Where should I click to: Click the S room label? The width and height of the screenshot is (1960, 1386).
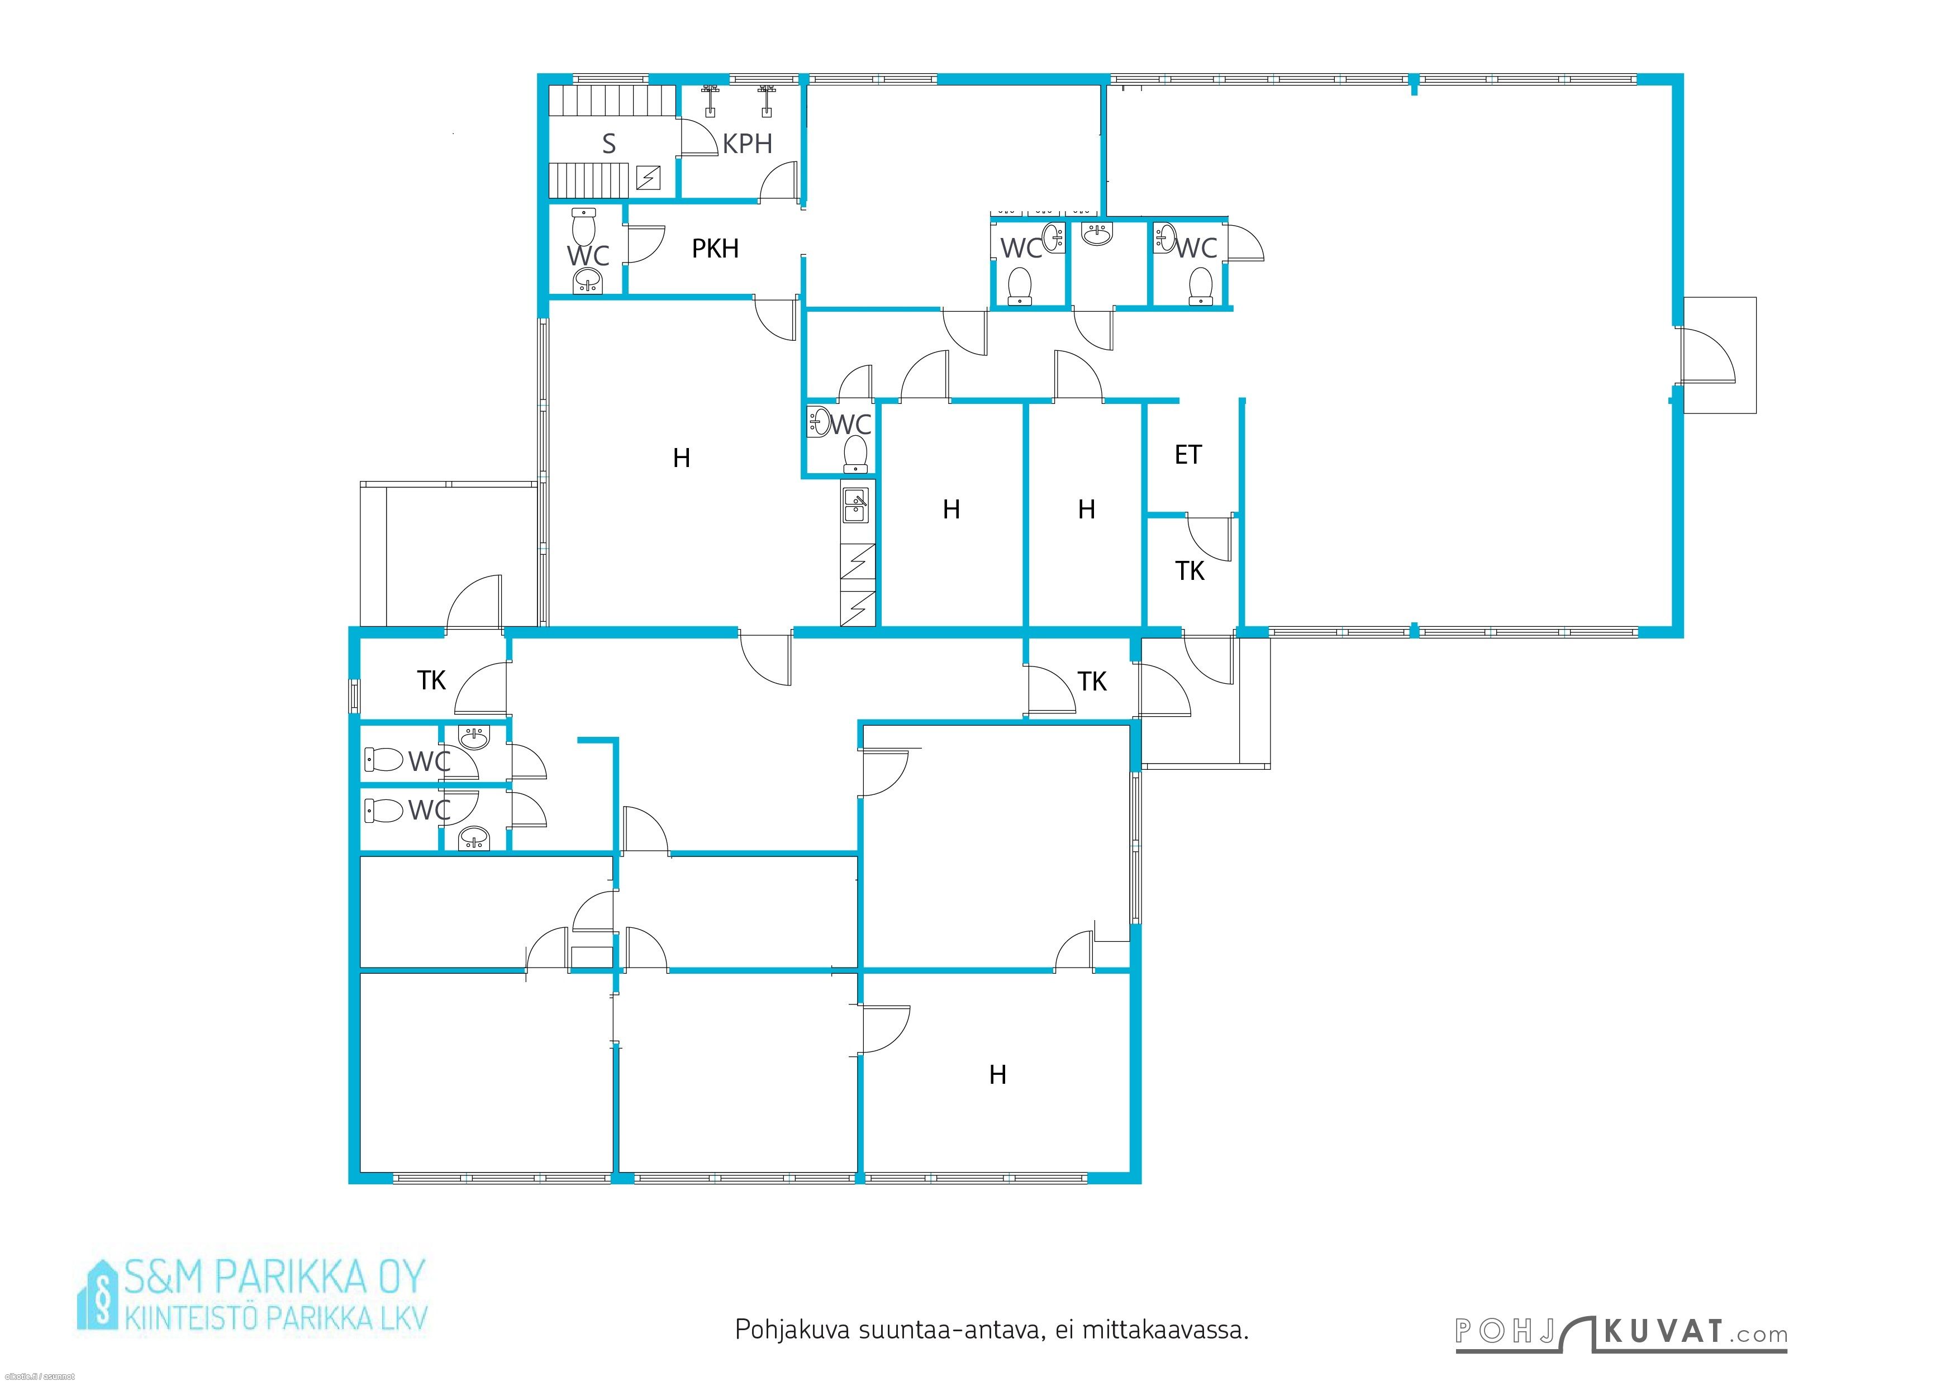(608, 144)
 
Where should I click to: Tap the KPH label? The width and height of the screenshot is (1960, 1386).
(747, 144)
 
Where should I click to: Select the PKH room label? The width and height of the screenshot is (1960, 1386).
(715, 249)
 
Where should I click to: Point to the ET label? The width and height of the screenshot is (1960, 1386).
(1188, 455)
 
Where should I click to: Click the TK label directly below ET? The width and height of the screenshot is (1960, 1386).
(1190, 571)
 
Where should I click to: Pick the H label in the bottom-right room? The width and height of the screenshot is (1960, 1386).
(998, 1074)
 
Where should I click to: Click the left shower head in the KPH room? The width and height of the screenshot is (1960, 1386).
(710, 98)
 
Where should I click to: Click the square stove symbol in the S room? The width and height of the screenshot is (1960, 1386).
(649, 178)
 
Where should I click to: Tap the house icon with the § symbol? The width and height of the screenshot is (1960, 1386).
(100, 1295)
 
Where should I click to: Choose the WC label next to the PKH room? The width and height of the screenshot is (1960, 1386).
(588, 255)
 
